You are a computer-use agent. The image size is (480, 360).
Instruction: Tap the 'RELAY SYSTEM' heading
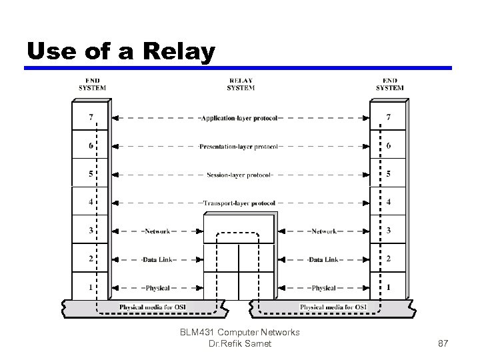(241, 85)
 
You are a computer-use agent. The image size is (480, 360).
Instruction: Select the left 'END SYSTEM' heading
(92, 85)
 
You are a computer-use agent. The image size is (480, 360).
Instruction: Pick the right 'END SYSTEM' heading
(390, 85)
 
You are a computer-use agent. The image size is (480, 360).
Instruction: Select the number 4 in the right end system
(389, 203)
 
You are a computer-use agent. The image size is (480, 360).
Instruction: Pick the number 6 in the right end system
(389, 146)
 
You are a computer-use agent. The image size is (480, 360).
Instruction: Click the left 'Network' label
(157, 231)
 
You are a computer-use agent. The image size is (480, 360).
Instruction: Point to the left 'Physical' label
(157, 288)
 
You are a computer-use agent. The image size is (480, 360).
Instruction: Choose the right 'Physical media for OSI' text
(334, 307)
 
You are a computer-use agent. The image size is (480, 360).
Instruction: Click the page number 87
(443, 343)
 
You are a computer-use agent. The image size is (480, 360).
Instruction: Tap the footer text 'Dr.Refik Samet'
(240, 343)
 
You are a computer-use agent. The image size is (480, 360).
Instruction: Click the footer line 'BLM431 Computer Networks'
(240, 332)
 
